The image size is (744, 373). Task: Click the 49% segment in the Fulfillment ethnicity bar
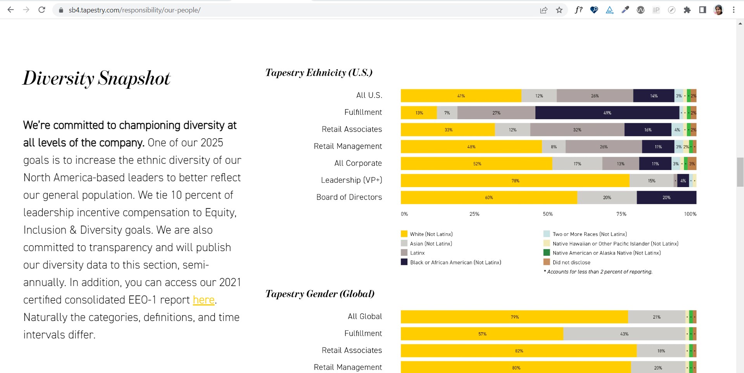[607, 113]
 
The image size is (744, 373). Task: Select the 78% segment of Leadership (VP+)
[515, 181]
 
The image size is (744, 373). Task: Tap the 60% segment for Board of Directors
[489, 198]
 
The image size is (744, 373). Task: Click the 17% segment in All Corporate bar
[577, 164]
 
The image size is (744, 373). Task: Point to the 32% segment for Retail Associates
[577, 130]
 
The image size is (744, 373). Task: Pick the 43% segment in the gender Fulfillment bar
[624, 334]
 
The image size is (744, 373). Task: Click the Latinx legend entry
[417, 253]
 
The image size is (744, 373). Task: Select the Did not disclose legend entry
[571, 262]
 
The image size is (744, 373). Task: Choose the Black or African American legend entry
[455, 262]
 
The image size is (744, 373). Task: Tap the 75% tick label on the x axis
[621, 214]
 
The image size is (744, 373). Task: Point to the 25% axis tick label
[474, 214]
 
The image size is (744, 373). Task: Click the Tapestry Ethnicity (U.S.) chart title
[319, 73]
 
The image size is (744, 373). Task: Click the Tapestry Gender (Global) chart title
[320, 294]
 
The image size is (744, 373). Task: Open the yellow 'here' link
[204, 300]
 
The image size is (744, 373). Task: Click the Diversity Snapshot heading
[97, 78]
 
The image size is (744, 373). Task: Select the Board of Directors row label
[349, 197]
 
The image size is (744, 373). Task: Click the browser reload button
[42, 10]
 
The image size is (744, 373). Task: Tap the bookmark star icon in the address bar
[559, 10]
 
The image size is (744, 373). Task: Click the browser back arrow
[10, 10]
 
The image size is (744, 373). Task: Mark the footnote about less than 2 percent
[599, 272]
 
